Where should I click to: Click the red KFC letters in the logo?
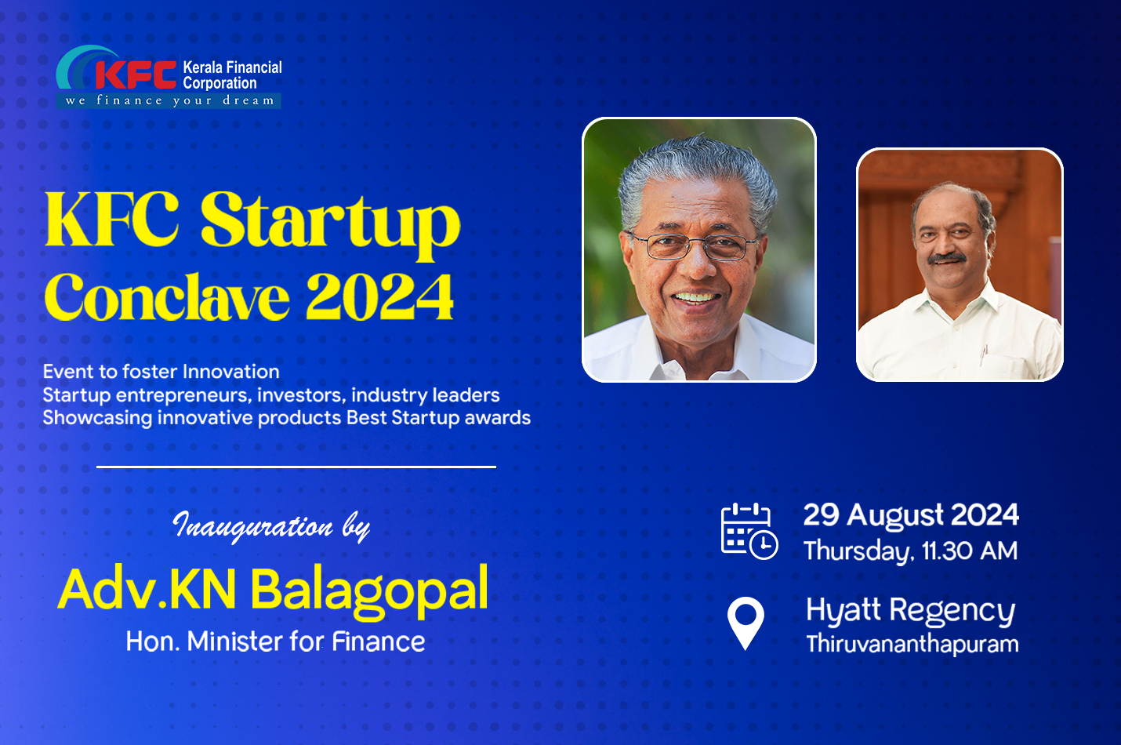(x=136, y=74)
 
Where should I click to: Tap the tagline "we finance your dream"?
(x=170, y=100)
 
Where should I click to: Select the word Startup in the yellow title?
(x=330, y=223)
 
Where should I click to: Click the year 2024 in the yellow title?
(x=380, y=297)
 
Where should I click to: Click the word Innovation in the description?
(x=231, y=372)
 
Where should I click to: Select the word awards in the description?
(x=498, y=417)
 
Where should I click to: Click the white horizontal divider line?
(x=296, y=467)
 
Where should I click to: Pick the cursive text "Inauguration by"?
(x=271, y=527)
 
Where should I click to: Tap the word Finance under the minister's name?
(x=379, y=641)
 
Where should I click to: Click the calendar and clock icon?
(x=749, y=531)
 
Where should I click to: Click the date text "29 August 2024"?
(x=911, y=514)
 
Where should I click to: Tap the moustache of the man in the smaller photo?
(x=947, y=258)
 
